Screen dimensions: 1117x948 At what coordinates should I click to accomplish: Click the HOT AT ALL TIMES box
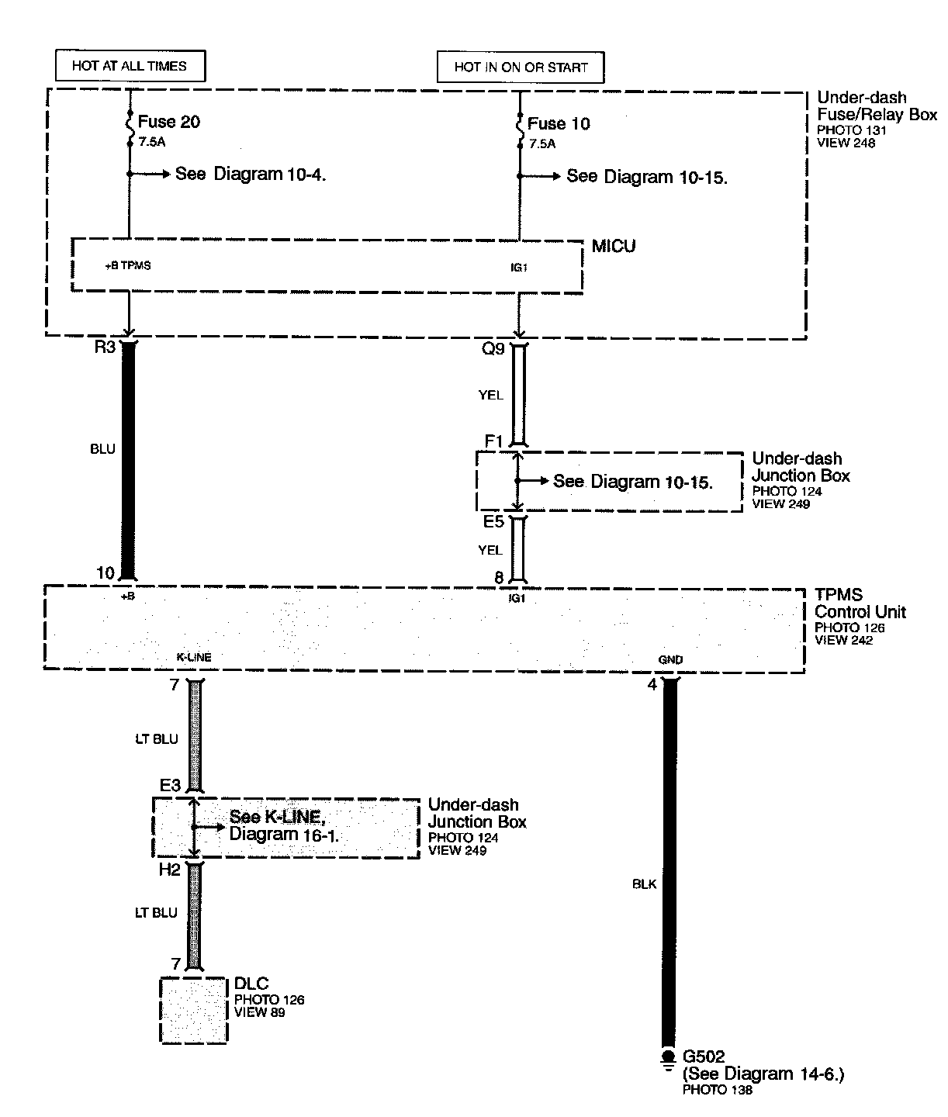point(130,66)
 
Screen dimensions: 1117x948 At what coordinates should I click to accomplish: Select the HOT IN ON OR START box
point(521,67)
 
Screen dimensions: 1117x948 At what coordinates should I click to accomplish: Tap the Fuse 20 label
point(169,122)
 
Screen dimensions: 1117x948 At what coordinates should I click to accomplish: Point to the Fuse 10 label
point(559,123)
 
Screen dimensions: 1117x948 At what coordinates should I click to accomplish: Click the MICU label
point(613,247)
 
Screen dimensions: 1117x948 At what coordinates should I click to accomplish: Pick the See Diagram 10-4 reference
point(250,174)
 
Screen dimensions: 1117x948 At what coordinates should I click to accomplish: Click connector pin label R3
point(104,347)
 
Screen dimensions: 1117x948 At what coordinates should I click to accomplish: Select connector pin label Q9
point(493,349)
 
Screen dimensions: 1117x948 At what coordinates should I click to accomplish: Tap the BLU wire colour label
point(102,449)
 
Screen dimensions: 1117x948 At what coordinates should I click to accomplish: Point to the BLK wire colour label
point(645,884)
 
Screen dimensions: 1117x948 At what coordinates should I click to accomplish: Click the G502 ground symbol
point(667,1060)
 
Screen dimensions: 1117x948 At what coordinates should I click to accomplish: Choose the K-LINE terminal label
point(194,657)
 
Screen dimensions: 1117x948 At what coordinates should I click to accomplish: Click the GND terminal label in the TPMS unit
point(670,659)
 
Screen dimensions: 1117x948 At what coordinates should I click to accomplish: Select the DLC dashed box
point(194,1010)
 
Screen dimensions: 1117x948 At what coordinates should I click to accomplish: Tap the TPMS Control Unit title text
point(860,603)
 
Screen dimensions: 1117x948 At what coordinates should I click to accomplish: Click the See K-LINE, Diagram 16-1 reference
point(284,826)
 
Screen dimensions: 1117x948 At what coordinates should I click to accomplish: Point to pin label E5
point(493,521)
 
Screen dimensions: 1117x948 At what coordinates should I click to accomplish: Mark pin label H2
point(169,870)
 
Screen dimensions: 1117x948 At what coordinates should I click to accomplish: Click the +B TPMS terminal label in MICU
point(127,265)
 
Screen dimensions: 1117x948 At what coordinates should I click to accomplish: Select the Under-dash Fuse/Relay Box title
point(877,106)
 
